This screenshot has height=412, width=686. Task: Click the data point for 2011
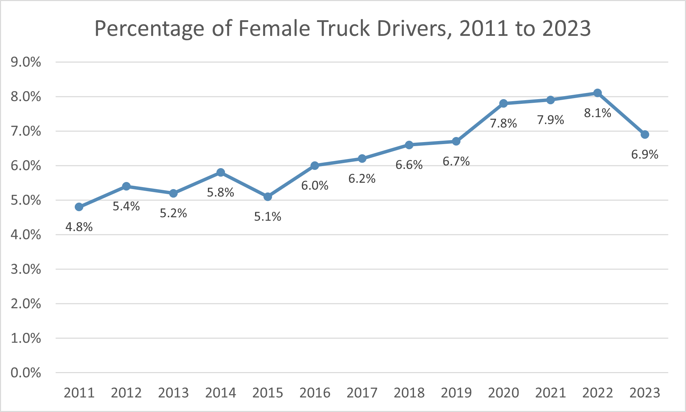click(79, 207)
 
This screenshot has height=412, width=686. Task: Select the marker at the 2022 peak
click(598, 93)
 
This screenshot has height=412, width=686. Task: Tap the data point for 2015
click(268, 197)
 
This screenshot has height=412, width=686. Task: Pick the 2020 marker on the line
click(503, 104)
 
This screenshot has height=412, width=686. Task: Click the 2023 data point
click(645, 135)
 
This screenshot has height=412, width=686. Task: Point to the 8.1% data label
click(598, 113)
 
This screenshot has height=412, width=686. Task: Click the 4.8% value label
click(79, 227)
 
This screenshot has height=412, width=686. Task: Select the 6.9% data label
click(645, 155)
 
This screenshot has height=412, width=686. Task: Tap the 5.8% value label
click(221, 192)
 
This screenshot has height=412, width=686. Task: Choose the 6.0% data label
click(315, 186)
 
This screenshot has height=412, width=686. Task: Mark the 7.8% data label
click(503, 123)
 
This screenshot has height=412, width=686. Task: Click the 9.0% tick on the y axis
click(26, 62)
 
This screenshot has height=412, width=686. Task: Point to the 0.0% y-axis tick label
click(26, 373)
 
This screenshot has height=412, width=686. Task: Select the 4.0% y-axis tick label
click(26, 235)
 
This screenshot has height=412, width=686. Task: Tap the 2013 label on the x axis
click(173, 393)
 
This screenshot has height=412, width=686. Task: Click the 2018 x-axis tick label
click(409, 393)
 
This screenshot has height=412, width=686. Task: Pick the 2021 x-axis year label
click(550, 393)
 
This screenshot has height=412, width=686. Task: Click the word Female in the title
click(274, 28)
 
